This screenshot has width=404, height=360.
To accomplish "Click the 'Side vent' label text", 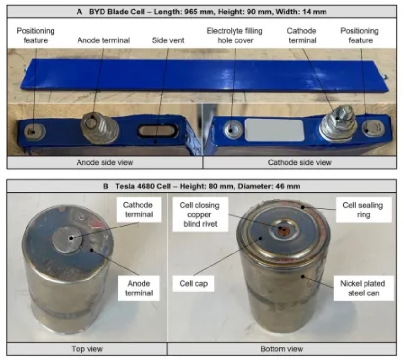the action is pyautogui.click(x=168, y=40).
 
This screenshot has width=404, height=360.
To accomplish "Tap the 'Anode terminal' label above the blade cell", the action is pyautogui.click(x=104, y=40).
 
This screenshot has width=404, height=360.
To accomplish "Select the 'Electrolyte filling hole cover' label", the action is pyautogui.click(x=235, y=36).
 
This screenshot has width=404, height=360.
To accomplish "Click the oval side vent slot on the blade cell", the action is pyautogui.click(x=157, y=130).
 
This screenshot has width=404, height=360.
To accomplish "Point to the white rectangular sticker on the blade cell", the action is pyautogui.click(x=274, y=130).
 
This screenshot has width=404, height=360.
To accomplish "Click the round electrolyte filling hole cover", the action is pyautogui.click(x=233, y=129).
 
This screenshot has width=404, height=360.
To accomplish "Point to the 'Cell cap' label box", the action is pyautogui.click(x=193, y=284).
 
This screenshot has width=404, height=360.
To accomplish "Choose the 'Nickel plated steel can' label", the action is pyautogui.click(x=363, y=288).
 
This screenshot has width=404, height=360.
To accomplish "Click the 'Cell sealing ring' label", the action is pyautogui.click(x=363, y=210).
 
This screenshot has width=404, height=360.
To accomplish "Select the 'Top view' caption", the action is pyautogui.click(x=87, y=349).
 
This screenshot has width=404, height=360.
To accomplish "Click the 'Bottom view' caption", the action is pyautogui.click(x=282, y=349).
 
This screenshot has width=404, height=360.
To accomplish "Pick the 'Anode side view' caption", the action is pyautogui.click(x=105, y=162).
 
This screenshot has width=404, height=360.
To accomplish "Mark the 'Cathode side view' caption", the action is pyautogui.click(x=300, y=162).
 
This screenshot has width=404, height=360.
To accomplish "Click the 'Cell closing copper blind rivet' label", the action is pyautogui.click(x=200, y=214).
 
